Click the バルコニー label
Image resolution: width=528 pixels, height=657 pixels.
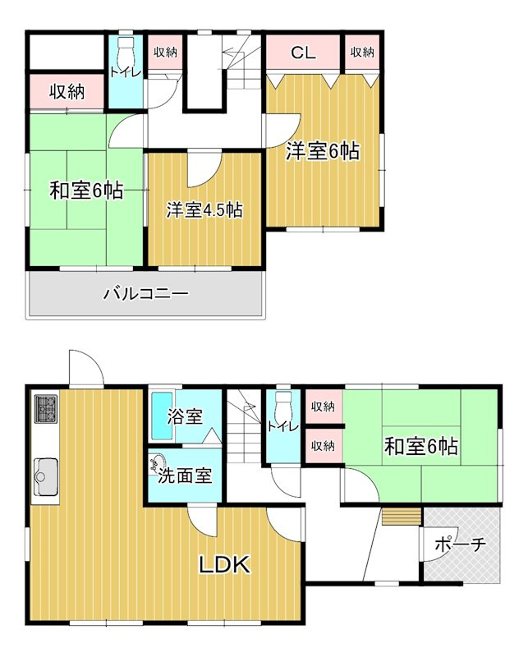pos(146,294)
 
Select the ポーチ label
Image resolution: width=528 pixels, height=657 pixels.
pos(461,544)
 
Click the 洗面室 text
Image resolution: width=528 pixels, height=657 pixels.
pos(186,475)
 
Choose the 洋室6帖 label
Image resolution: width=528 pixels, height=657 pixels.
pos(323,151)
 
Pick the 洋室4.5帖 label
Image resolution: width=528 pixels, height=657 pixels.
pos(204,209)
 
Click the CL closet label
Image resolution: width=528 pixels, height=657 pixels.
pos(303,53)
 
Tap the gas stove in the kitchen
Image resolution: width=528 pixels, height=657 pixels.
pos(45,408)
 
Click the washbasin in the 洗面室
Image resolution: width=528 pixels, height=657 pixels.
pos(156,465)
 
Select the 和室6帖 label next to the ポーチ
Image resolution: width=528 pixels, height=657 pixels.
pos(421,447)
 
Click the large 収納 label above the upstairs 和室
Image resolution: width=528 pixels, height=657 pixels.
pos(66,92)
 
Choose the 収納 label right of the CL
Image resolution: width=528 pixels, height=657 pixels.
pos(362,53)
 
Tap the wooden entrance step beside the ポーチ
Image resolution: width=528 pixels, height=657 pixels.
pos(400,517)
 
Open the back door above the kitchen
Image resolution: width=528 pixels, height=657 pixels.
pos(85,370)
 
